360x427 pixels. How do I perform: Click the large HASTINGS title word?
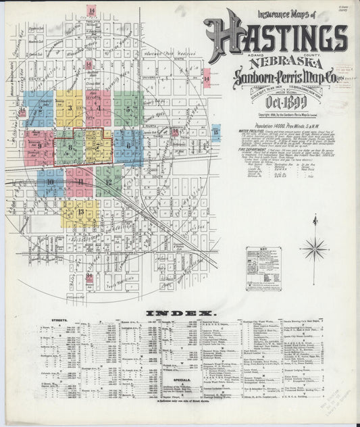point(275,32)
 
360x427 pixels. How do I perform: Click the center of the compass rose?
point(314,249)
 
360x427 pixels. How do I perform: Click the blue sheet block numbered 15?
point(215,132)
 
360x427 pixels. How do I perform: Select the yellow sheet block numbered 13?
point(81,213)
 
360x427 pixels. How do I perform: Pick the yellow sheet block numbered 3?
point(70,108)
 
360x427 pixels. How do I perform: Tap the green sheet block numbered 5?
point(127,108)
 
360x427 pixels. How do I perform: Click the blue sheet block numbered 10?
point(51,182)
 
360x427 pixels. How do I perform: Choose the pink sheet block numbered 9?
point(39,145)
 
